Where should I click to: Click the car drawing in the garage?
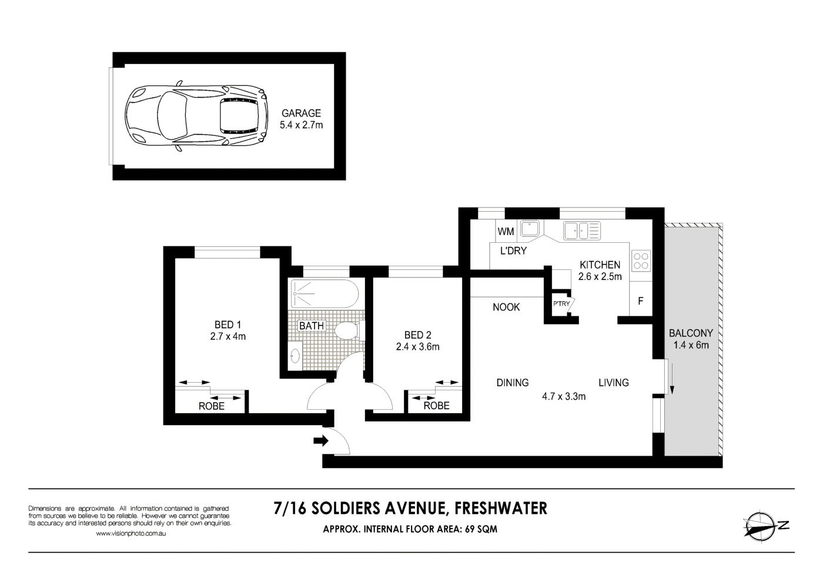coord(197,115)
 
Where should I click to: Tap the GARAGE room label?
coord(301,113)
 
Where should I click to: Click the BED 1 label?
coord(228,325)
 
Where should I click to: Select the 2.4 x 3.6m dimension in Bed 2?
coord(417,347)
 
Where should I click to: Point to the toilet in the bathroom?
coord(348,330)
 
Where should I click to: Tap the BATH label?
coord(311,326)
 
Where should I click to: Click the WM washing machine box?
coord(506,232)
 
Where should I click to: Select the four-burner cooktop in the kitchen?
coord(641,261)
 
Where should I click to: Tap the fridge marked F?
coord(641,301)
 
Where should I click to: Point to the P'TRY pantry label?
coord(561,304)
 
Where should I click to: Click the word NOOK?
coord(506,307)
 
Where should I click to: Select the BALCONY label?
coord(691,333)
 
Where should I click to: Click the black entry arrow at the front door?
coord(321,440)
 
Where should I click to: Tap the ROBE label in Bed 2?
coord(436,406)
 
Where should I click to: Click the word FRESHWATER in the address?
coord(501,507)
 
